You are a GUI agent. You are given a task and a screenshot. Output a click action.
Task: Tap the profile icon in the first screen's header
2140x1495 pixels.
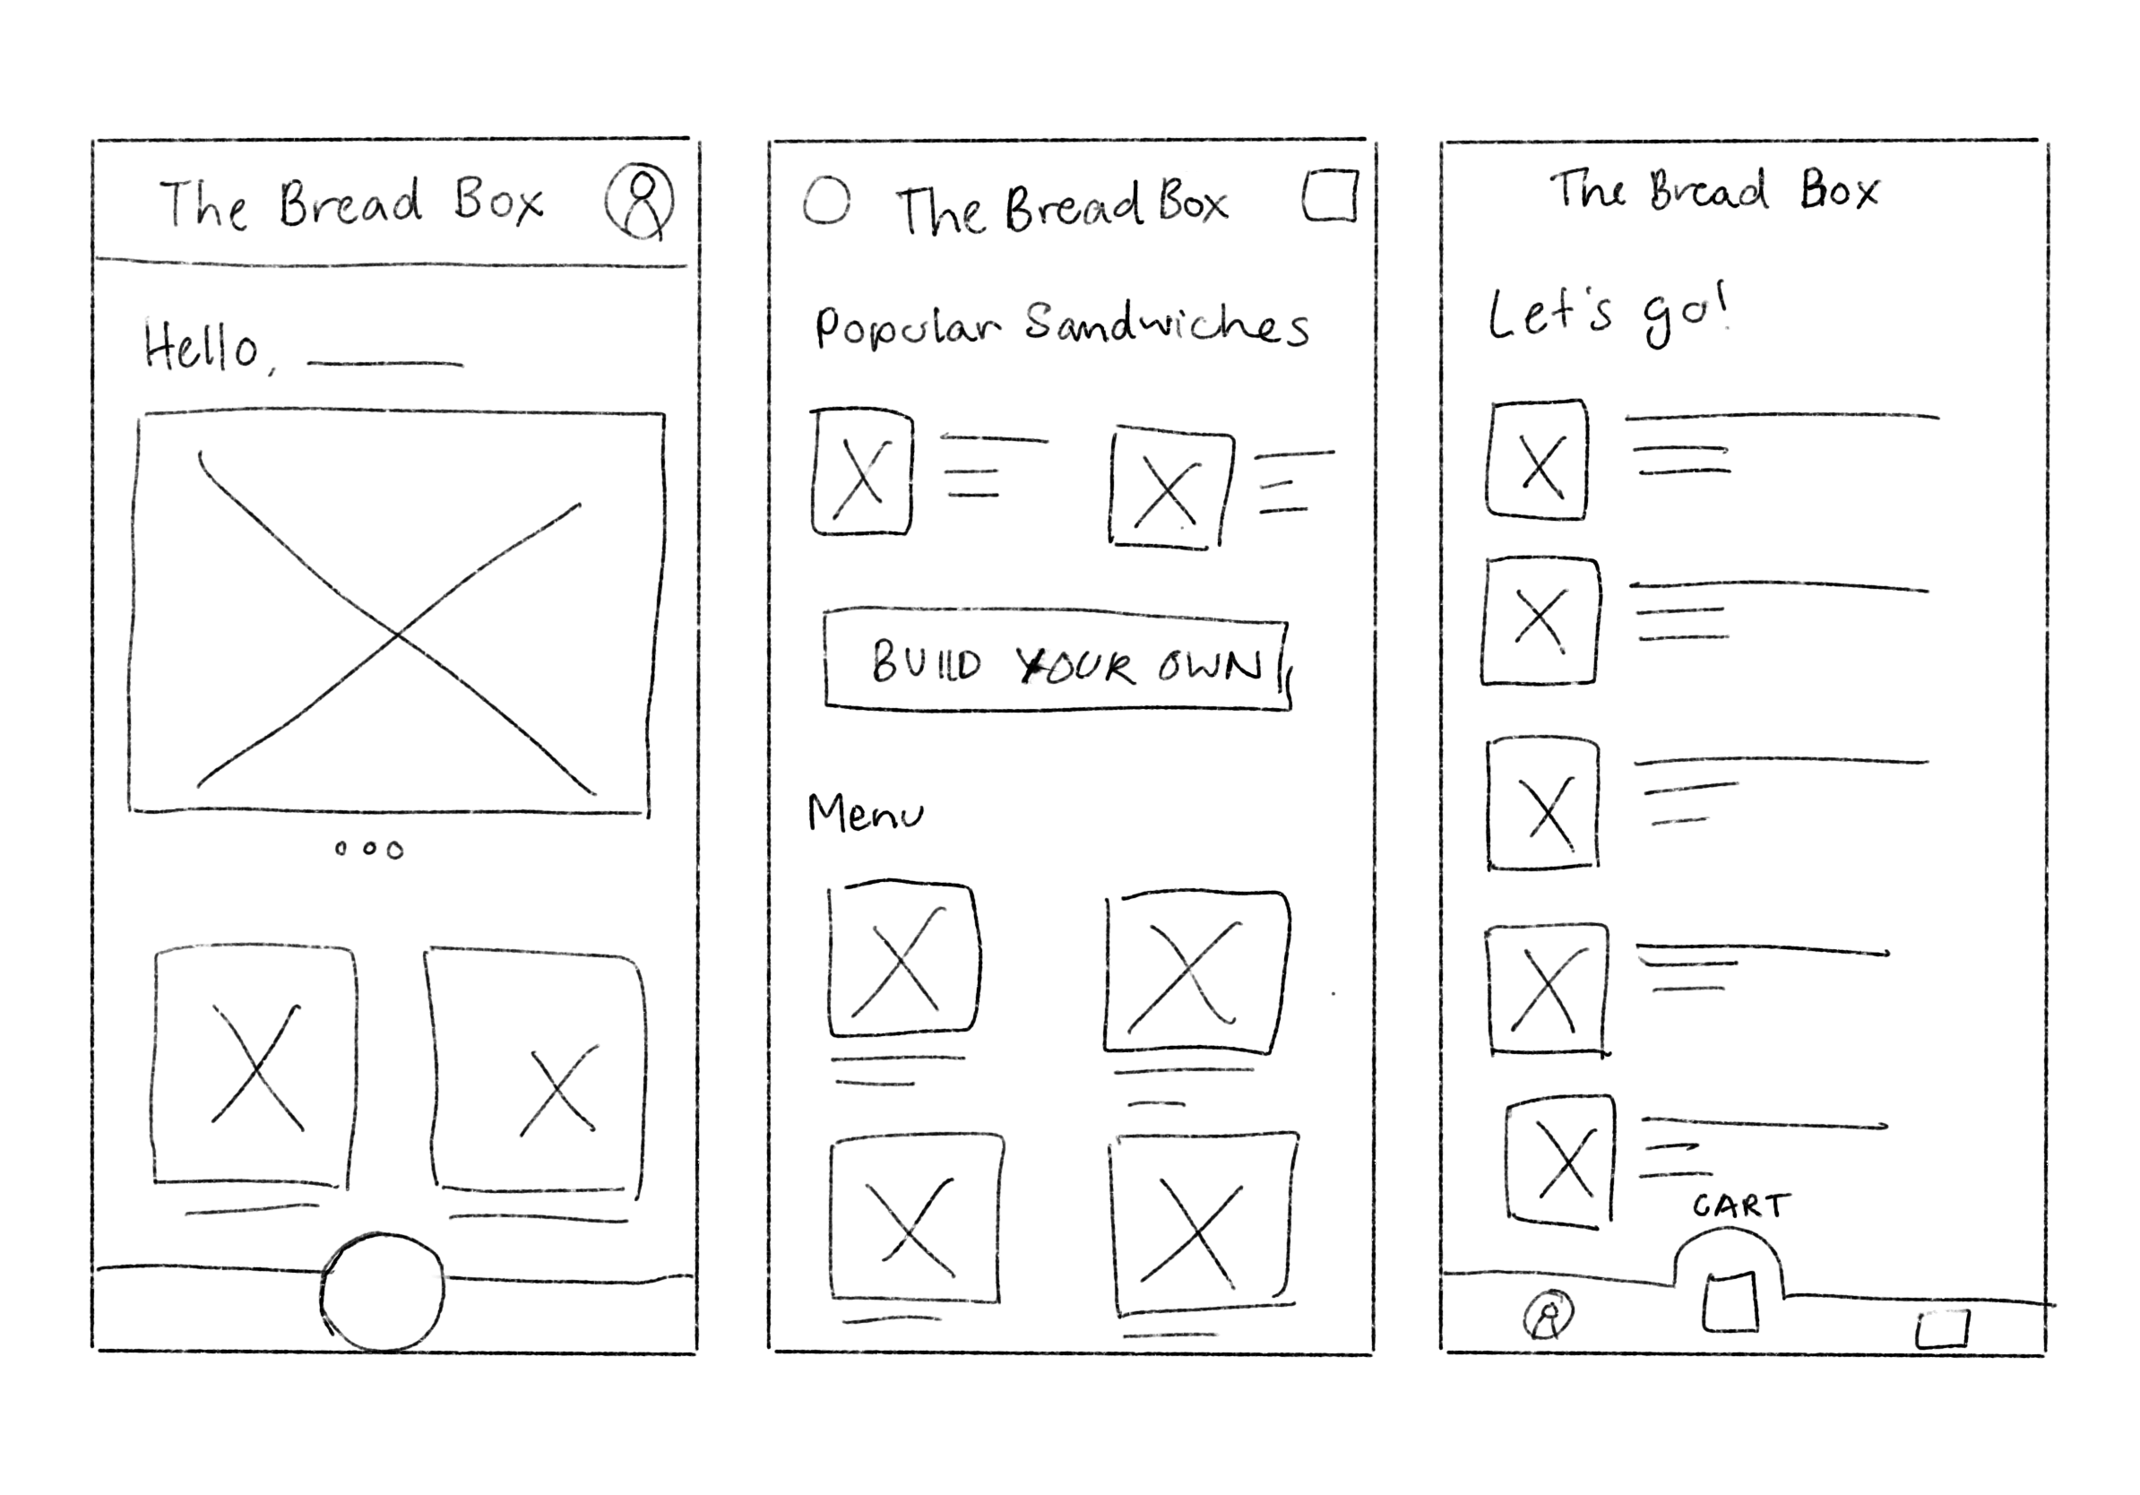tap(639, 203)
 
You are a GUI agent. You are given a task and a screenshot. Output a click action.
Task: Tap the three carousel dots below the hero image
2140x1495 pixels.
tap(369, 849)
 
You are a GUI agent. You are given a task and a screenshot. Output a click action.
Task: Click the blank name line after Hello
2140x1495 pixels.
tap(385, 364)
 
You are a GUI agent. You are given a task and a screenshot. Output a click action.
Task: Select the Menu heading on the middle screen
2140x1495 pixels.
tap(865, 814)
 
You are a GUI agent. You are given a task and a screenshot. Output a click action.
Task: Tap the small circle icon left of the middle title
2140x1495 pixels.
tap(827, 201)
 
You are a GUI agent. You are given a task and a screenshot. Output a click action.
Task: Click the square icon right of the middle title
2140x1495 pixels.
tap(1329, 195)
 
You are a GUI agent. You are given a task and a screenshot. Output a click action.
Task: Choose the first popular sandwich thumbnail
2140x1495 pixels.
tap(862, 471)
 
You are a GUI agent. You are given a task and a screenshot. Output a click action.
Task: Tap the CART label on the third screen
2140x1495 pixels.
tap(1741, 1207)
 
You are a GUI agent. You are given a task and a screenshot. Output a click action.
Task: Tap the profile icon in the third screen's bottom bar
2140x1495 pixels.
tap(1549, 1316)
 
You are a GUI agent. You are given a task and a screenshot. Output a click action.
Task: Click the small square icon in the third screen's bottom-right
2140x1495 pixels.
tap(1943, 1329)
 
